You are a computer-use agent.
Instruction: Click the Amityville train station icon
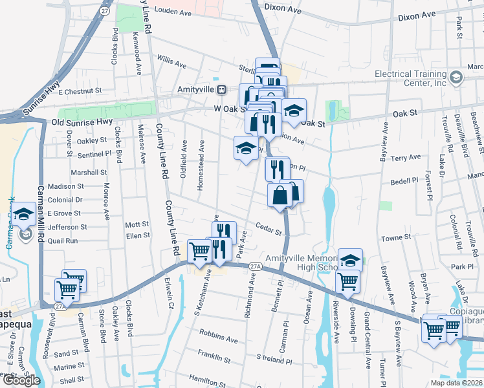pos(221,89)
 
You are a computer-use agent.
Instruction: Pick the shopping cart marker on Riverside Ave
pos(348,281)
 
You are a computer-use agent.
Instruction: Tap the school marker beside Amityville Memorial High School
pos(350,260)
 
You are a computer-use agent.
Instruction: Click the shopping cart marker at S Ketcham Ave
pos(200,252)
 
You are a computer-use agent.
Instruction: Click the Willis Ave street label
pos(171,62)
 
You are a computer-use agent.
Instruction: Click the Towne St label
pos(396,237)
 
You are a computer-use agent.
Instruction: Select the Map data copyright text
pos(456,383)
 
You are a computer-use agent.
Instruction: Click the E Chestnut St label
pos(81,92)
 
